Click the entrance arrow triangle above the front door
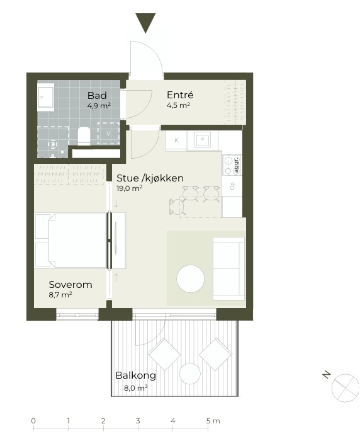145,22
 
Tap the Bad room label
97,95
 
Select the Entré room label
180,95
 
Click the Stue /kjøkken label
150,178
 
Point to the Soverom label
70,284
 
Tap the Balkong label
135,376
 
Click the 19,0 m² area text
130,188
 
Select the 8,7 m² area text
60,294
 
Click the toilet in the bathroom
84,136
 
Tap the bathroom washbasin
46,97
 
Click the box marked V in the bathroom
108,134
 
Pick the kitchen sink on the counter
203,140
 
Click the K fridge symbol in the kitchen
176,141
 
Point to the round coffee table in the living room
191,278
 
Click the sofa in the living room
228,268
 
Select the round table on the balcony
189,374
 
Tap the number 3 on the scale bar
138,421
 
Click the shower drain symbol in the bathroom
53,144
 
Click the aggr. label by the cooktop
237,165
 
